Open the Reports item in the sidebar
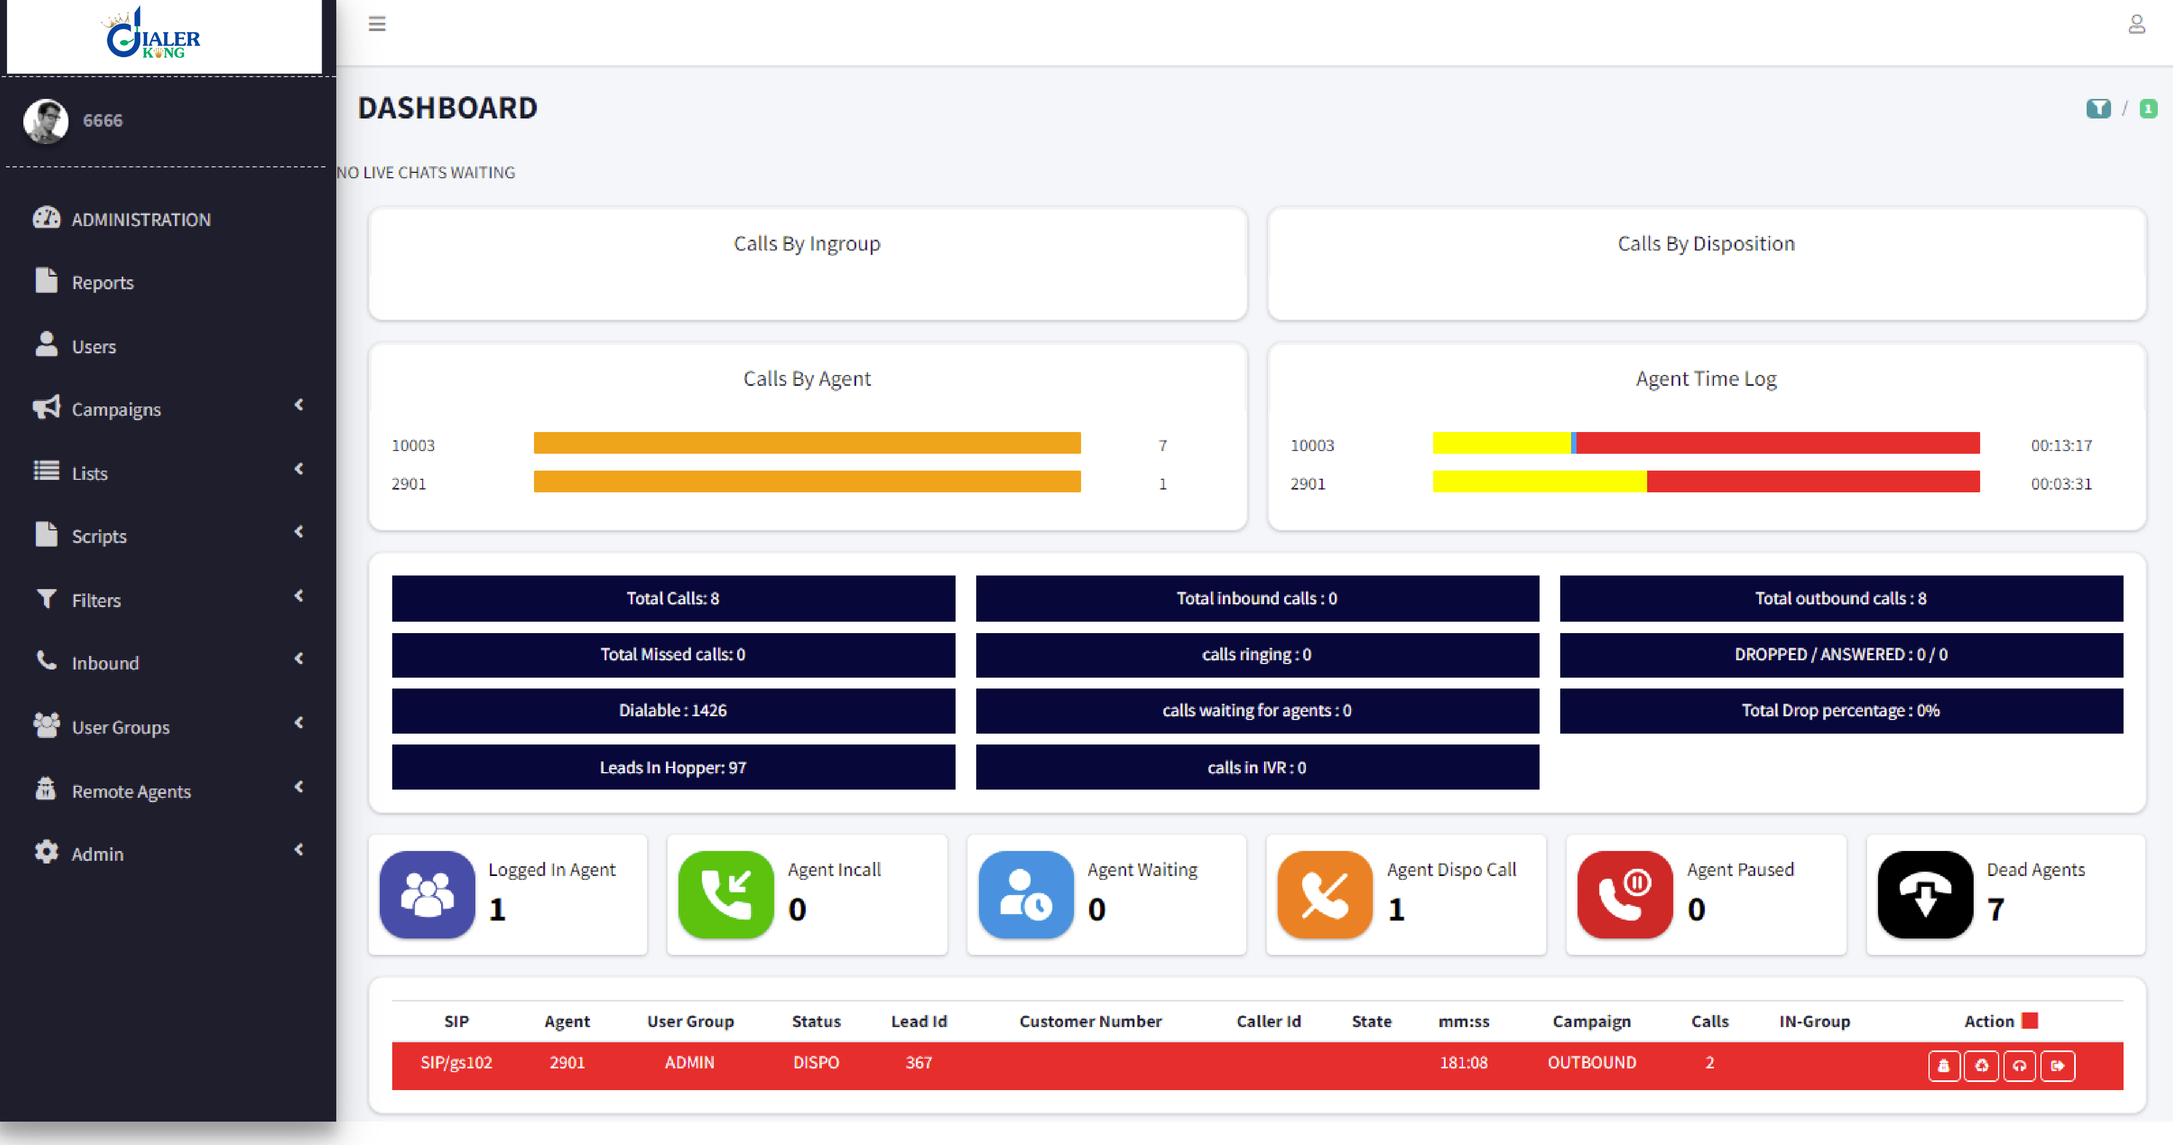pos(102,283)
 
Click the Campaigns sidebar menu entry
pos(116,409)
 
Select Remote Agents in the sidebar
pos(131,791)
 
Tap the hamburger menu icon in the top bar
pos(377,23)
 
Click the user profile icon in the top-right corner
pos(2136,23)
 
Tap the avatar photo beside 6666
pos(46,121)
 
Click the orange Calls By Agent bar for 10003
pos(806,443)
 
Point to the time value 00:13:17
pos(2061,446)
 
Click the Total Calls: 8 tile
pos(673,598)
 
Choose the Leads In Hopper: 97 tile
pos(673,767)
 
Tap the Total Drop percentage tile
pos(1841,710)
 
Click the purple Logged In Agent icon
pos(428,894)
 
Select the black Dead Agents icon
pos(1925,894)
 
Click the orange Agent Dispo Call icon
pos(1324,894)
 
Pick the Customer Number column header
pos(1090,1021)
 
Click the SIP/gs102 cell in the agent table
pos(456,1062)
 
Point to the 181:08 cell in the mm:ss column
pos(1464,1062)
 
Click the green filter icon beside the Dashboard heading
pos(2098,108)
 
